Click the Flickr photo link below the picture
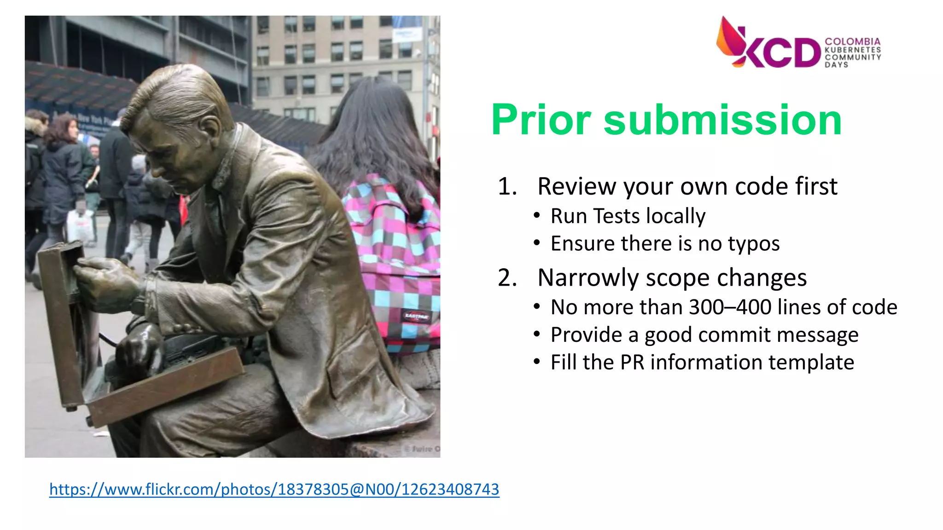[274, 489]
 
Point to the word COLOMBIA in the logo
[852, 41]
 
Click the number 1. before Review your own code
[507, 187]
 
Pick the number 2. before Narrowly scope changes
[507, 278]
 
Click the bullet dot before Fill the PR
[536, 362]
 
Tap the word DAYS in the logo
[836, 65]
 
